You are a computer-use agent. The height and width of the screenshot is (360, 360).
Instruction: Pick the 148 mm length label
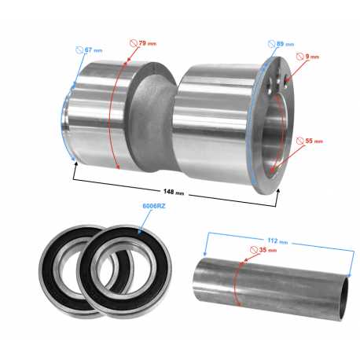point(174,192)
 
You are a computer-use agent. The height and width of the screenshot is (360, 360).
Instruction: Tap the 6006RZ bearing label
point(154,206)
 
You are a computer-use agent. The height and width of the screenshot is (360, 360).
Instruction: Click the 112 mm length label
point(277,241)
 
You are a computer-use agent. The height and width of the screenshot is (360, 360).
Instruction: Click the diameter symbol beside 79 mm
point(134,43)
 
